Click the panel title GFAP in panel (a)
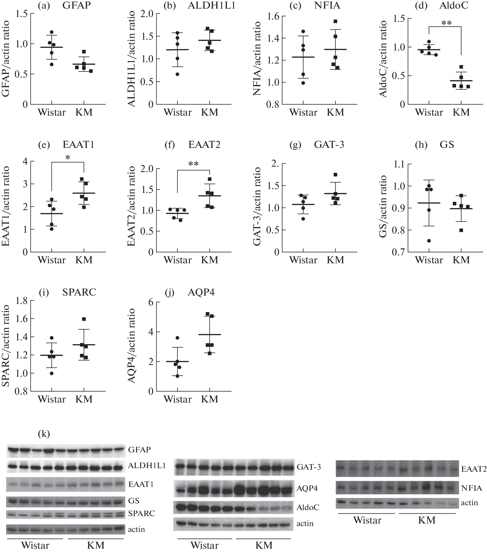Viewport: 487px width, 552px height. (x=76, y=5)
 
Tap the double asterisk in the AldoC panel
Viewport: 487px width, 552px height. (x=447, y=23)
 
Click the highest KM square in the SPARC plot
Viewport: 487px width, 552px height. (x=84, y=319)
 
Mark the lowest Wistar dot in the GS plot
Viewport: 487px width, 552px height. (x=429, y=241)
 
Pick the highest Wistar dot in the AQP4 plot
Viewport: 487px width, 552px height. (x=177, y=338)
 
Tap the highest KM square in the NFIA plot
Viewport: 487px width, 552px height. (x=335, y=21)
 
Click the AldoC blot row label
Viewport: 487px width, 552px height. (x=307, y=508)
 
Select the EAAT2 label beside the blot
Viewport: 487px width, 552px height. (x=474, y=469)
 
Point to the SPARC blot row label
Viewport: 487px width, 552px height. (x=141, y=513)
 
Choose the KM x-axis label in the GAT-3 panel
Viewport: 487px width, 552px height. (x=335, y=260)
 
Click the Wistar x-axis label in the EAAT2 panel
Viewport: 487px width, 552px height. (x=177, y=260)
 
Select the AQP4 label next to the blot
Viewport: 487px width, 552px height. (x=307, y=488)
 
